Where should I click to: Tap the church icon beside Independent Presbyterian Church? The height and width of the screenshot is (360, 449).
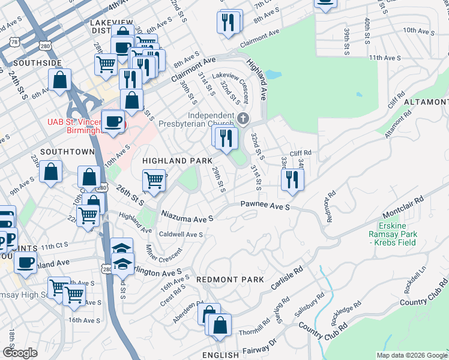[243, 118]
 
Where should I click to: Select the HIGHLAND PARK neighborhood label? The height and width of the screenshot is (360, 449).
[177, 161]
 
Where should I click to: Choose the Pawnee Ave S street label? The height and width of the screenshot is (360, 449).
[265, 206]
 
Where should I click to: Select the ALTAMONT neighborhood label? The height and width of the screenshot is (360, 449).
[426, 103]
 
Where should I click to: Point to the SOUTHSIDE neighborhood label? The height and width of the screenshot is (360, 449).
[37, 62]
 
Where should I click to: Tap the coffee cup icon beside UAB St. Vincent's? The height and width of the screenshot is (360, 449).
[113, 122]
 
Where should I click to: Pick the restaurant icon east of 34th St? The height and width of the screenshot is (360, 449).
[292, 180]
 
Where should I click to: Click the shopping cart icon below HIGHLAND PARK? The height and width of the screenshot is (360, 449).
[154, 180]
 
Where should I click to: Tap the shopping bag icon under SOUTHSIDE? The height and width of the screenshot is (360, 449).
[60, 80]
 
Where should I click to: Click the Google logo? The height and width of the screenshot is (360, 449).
[20, 353]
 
